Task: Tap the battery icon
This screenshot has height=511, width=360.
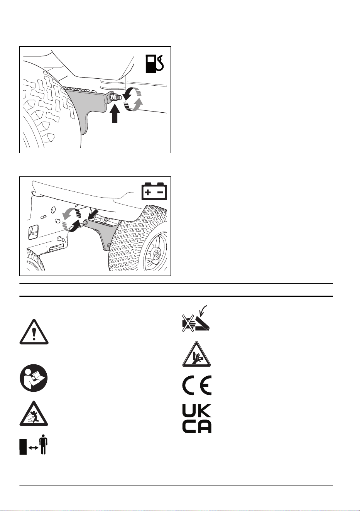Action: click(x=154, y=191)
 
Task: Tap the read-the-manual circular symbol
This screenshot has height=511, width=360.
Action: click(x=34, y=378)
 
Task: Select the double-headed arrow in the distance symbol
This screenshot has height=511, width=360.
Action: click(x=34, y=448)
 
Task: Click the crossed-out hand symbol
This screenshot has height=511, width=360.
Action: click(x=188, y=323)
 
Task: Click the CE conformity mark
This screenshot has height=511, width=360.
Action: click(x=197, y=386)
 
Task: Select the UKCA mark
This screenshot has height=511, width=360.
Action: click(x=197, y=419)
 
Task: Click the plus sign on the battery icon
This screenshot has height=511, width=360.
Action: click(x=148, y=192)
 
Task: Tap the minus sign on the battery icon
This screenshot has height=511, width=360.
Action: click(x=161, y=192)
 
